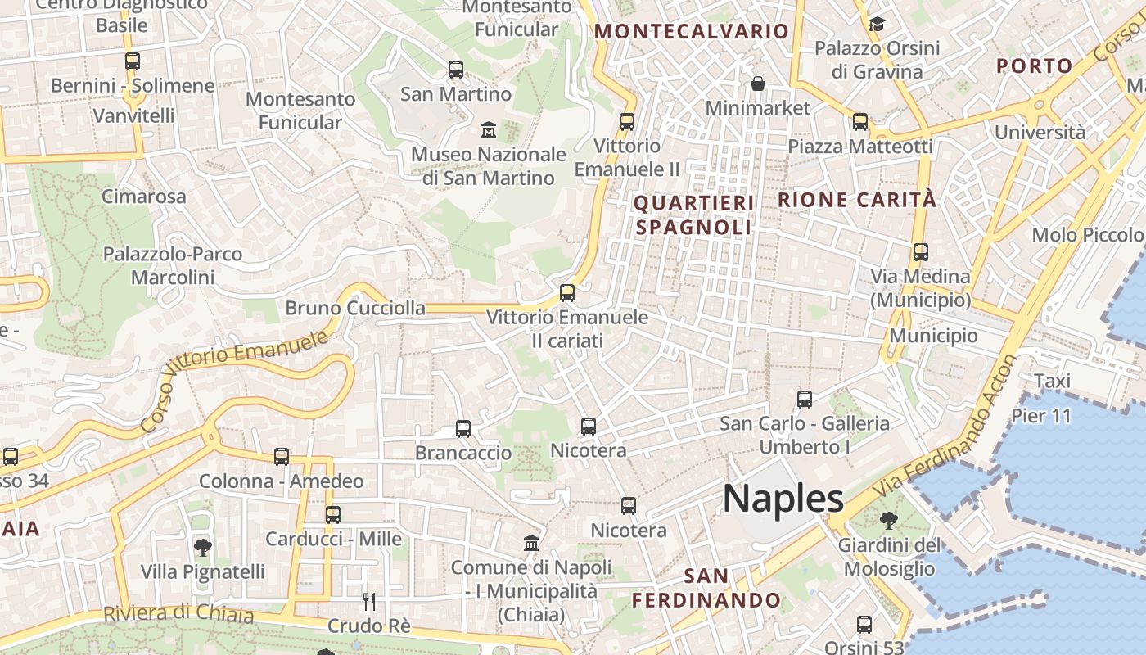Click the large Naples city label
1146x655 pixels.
coord(783,499)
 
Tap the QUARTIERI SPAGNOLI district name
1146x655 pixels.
coord(693,215)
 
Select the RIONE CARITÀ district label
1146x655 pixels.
coord(856,199)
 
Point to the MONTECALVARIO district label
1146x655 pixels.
coord(692,32)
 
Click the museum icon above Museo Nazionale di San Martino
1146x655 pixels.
coord(489,129)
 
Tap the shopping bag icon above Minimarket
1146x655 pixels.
coord(758,84)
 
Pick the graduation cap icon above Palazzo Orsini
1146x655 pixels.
coord(877,24)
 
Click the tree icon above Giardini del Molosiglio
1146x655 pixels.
coord(888,520)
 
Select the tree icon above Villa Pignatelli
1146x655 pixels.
coord(202,547)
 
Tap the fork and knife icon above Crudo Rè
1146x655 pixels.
coord(369,601)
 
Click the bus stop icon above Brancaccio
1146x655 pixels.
coord(463,428)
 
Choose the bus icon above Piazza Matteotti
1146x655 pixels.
coord(859,122)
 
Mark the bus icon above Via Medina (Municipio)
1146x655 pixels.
coord(920,252)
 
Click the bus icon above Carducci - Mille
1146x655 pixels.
coord(332,514)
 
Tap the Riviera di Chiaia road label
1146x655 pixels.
coord(178,613)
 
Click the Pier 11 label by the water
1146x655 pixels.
coord(1040,416)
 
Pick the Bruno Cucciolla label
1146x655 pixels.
coord(354,309)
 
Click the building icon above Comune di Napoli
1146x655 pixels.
coord(531,543)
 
